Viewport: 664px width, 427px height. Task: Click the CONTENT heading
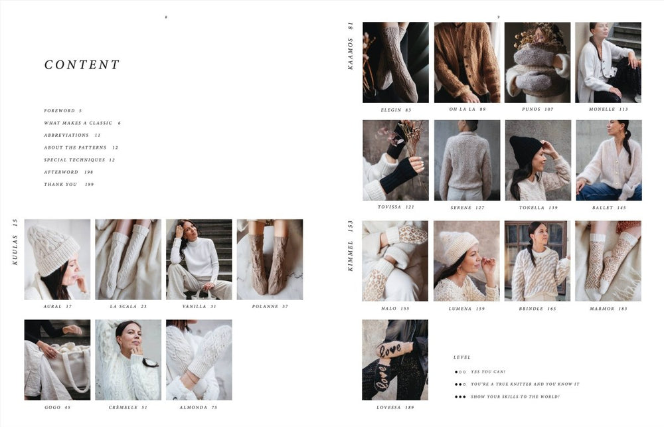click(x=82, y=65)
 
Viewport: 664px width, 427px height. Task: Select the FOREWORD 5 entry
click(x=62, y=111)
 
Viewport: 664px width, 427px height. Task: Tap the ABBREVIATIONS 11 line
click(x=72, y=135)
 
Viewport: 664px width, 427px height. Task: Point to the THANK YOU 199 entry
click(x=68, y=185)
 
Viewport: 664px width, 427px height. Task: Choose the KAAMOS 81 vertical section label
click(x=351, y=46)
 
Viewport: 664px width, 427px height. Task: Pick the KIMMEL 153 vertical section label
click(x=351, y=246)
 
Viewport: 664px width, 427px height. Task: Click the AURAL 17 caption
click(x=57, y=307)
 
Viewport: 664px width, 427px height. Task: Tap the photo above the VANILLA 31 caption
click(x=199, y=260)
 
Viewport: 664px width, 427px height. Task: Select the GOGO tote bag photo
click(x=57, y=359)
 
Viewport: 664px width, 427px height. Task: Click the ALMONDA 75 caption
click(x=199, y=407)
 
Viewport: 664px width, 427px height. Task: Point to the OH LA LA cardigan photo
click(x=467, y=62)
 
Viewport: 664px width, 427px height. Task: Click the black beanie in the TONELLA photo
click(x=526, y=150)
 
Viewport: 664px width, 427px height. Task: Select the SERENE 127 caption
click(x=467, y=208)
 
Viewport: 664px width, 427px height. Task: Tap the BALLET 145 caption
click(x=608, y=208)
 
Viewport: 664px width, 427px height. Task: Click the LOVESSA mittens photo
click(x=395, y=359)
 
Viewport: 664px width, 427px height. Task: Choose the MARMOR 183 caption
click(x=608, y=309)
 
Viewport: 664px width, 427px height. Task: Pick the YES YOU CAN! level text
click(x=488, y=372)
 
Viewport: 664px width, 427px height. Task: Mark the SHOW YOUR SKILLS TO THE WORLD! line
click(x=515, y=397)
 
